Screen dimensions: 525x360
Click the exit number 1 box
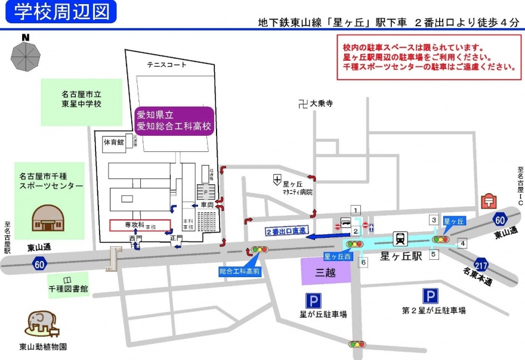point(356,210)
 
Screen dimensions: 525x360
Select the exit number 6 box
point(364,262)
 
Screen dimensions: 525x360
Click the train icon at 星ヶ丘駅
point(400,238)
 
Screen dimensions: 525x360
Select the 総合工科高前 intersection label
point(239,271)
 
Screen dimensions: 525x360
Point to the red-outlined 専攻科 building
point(140,225)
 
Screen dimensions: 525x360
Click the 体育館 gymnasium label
point(113,142)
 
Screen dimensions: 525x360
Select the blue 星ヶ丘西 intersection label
point(335,256)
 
